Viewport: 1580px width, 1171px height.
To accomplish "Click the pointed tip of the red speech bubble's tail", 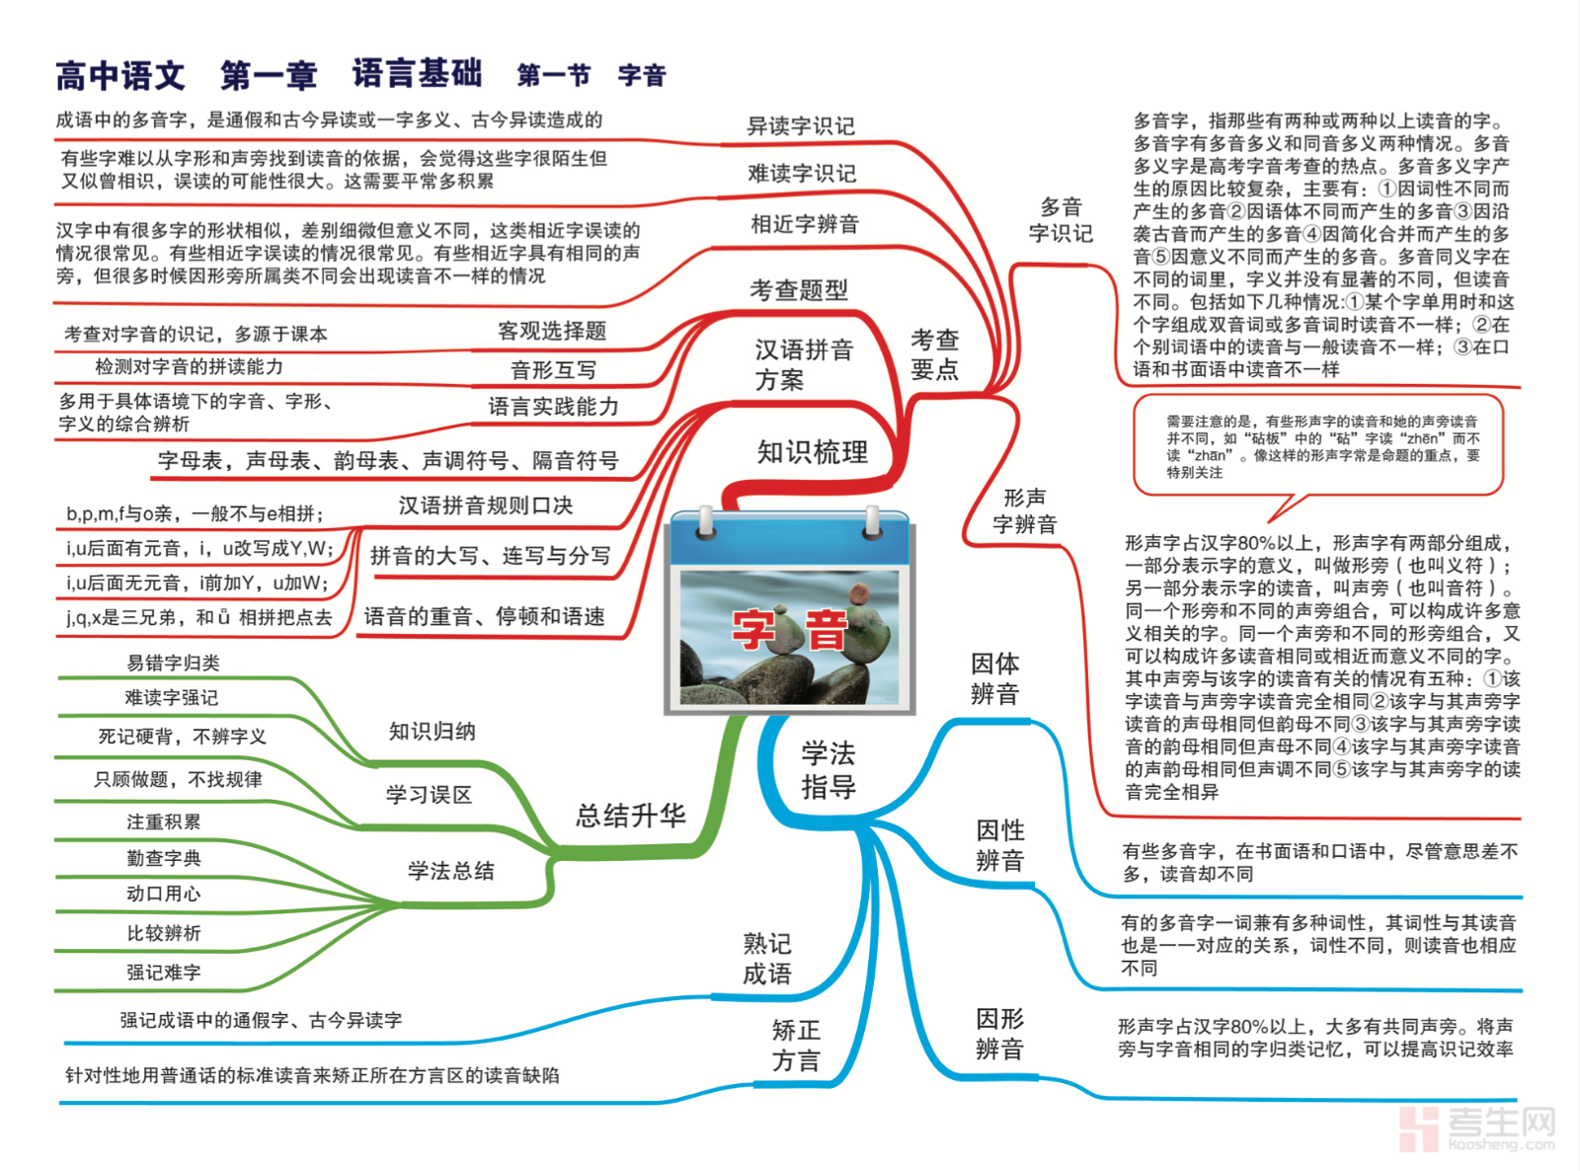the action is pyautogui.click(x=1269, y=522).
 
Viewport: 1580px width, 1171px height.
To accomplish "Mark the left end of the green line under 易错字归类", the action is pyautogui.click(x=59, y=679).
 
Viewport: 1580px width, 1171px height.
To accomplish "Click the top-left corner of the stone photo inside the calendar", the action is pyautogui.click(x=681, y=572).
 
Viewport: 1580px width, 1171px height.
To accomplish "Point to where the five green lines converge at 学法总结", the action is pyautogui.click(x=400, y=905).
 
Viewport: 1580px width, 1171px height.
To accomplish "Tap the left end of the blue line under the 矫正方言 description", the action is pyautogui.click(x=60, y=1103).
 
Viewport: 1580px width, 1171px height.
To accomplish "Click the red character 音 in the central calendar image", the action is pyautogui.click(x=827, y=630).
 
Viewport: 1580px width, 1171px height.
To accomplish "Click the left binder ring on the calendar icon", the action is pyautogui.click(x=706, y=523).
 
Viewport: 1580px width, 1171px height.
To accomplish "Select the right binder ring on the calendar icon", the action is pyautogui.click(x=872, y=523).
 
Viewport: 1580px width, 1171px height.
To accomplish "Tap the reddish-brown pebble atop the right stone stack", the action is pyautogui.click(x=860, y=593).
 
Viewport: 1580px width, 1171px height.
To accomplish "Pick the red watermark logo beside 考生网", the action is pyautogui.click(x=1419, y=1129).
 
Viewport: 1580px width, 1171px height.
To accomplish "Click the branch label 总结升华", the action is pyautogui.click(x=630, y=816).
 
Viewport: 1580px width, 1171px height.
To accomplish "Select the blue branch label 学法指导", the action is pyautogui.click(x=829, y=770).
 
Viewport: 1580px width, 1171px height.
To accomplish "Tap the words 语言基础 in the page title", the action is pyautogui.click(x=418, y=74).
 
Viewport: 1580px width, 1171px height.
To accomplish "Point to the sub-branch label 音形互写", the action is pyautogui.click(x=554, y=370).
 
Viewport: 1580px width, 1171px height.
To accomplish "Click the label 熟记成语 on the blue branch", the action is pyautogui.click(x=767, y=959).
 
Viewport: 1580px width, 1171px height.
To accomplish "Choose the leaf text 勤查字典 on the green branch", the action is pyautogui.click(x=164, y=858).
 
